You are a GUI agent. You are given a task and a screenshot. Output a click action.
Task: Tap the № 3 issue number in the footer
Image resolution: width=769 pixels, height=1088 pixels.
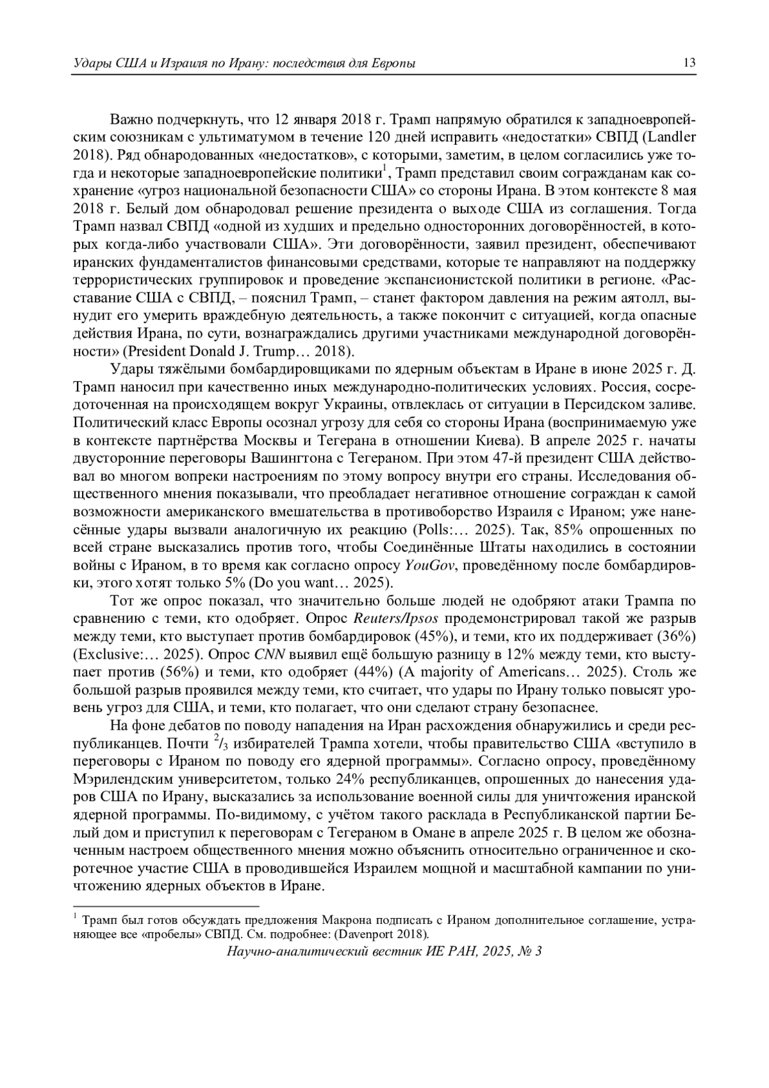tap(530, 951)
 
